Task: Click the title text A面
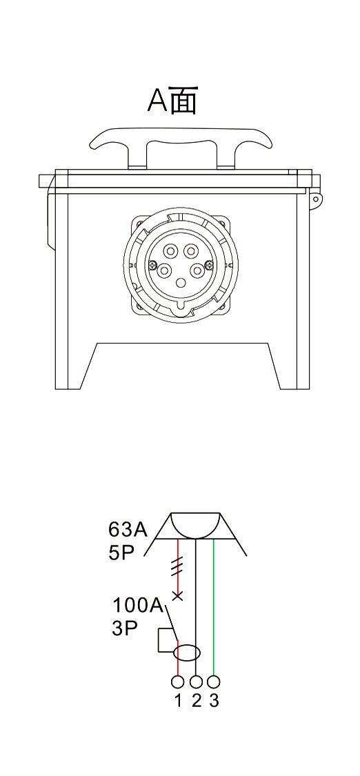pos(172,101)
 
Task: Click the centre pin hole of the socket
pos(181,283)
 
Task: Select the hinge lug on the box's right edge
pos(315,199)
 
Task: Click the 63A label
pos(128,530)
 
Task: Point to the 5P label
pos(121,553)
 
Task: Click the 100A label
pos(138,605)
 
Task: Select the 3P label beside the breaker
pos(125,628)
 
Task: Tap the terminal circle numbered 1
pos(177,682)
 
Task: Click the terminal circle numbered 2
pos(197,682)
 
